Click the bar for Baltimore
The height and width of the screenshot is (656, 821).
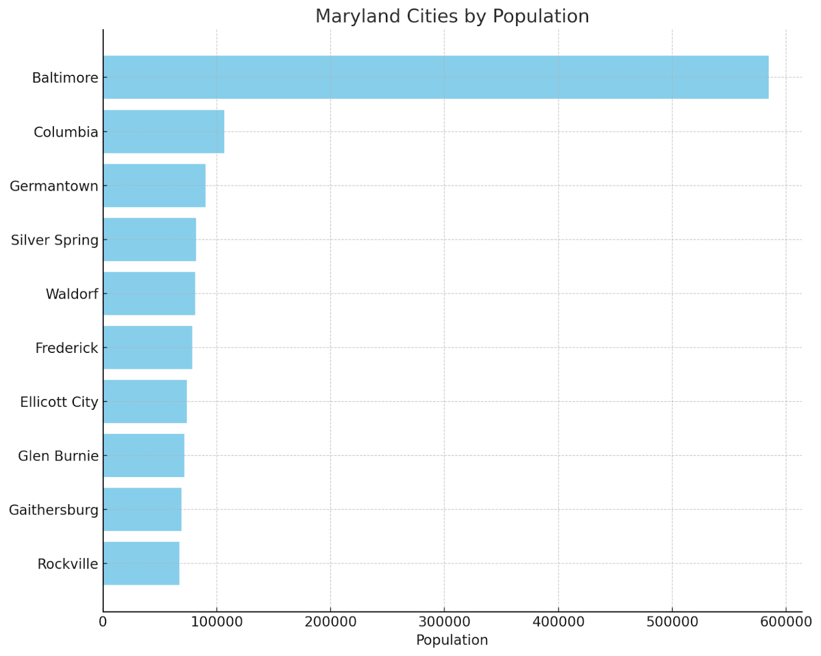[x=436, y=77]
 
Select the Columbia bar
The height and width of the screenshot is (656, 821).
[x=164, y=131]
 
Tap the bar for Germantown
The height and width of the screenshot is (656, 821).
[x=154, y=185]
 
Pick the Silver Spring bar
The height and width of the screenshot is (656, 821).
[x=150, y=239]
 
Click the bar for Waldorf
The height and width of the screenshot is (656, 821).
[x=149, y=293]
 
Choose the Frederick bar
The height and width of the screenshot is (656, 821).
[x=148, y=347]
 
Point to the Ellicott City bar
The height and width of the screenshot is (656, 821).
[x=145, y=402]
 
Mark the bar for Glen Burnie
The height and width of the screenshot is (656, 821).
[x=144, y=455]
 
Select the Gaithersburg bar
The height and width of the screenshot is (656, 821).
[x=142, y=509]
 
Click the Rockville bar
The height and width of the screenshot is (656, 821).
[x=141, y=563]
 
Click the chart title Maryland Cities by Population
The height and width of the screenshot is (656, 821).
[x=452, y=16]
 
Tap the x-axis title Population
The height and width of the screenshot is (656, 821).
[x=452, y=640]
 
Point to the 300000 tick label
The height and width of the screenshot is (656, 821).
[x=444, y=622]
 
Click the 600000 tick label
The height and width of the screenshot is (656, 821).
[x=785, y=622]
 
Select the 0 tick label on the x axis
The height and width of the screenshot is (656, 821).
[x=103, y=622]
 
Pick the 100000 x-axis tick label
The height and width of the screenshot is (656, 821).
[x=217, y=622]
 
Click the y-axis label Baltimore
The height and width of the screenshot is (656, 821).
[x=65, y=78]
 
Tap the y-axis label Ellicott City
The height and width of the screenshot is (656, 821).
[x=59, y=402]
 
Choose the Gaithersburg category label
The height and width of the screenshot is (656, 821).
[x=53, y=510]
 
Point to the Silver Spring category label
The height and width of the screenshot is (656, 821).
[x=54, y=240]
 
